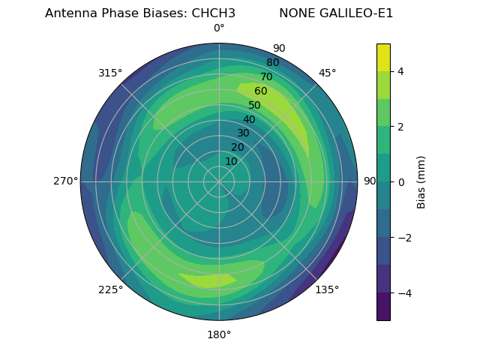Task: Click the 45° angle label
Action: tap(328, 73)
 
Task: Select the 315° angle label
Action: tap(110, 73)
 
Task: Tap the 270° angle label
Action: tap(65, 181)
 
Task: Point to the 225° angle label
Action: tap(110, 289)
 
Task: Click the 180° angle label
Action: tap(219, 334)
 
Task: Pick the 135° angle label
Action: tap(327, 289)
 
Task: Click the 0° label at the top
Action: tap(219, 28)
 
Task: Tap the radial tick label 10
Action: tap(231, 161)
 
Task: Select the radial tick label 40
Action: tap(249, 119)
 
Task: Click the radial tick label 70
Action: tap(266, 76)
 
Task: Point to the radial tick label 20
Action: tap(238, 147)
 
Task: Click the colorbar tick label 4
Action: tap(401, 71)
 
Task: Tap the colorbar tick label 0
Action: tap(401, 181)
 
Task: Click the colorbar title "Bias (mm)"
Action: tap(421, 181)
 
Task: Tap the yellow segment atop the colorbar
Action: tap(383, 57)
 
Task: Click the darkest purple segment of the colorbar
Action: tap(383, 306)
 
